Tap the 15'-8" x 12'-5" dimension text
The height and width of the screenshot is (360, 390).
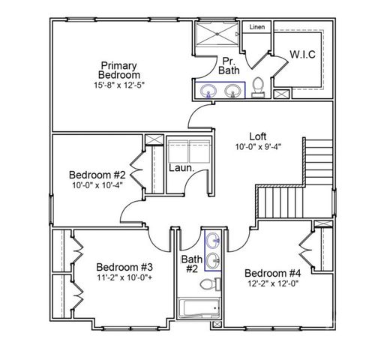point(119,85)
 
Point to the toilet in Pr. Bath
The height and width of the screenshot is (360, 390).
point(257,87)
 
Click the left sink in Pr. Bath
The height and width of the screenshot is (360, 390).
point(209,91)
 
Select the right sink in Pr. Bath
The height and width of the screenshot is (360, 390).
point(234,91)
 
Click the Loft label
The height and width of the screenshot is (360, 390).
point(259,136)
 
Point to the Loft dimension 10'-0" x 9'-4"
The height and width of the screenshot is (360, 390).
point(258,147)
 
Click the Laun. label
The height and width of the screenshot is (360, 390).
point(181,168)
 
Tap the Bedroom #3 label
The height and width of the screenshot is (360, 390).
point(124,267)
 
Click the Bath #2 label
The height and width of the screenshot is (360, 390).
point(190,264)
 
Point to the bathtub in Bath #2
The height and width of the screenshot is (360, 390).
point(199,308)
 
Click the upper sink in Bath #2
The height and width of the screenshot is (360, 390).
point(213,241)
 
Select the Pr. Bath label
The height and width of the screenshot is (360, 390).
point(229,66)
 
